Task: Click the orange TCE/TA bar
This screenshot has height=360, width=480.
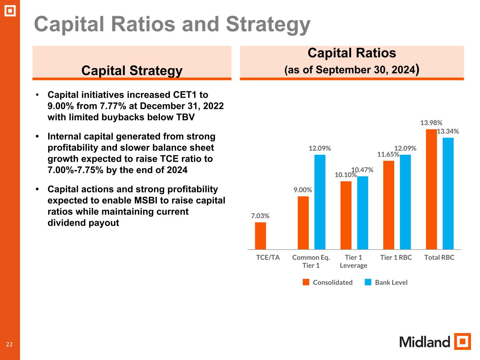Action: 260,236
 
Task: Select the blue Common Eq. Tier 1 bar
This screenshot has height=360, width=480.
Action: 320,202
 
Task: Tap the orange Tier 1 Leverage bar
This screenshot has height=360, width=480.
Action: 346,215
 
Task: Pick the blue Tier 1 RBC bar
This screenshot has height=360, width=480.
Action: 405,202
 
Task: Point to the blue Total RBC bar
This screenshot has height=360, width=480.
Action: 448,193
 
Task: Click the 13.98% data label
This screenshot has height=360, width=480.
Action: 431,123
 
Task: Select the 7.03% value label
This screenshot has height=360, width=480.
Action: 260,216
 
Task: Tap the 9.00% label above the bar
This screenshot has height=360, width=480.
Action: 303,190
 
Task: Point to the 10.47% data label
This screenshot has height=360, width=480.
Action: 363,170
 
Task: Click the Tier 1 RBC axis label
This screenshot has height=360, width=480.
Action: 396,257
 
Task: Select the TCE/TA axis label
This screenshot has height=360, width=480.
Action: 268,257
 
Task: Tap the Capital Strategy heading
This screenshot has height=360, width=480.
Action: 132,70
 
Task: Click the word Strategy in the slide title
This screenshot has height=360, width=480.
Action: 268,24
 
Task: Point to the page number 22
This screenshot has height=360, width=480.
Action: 9,344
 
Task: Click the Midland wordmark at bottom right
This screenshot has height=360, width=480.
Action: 424,342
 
